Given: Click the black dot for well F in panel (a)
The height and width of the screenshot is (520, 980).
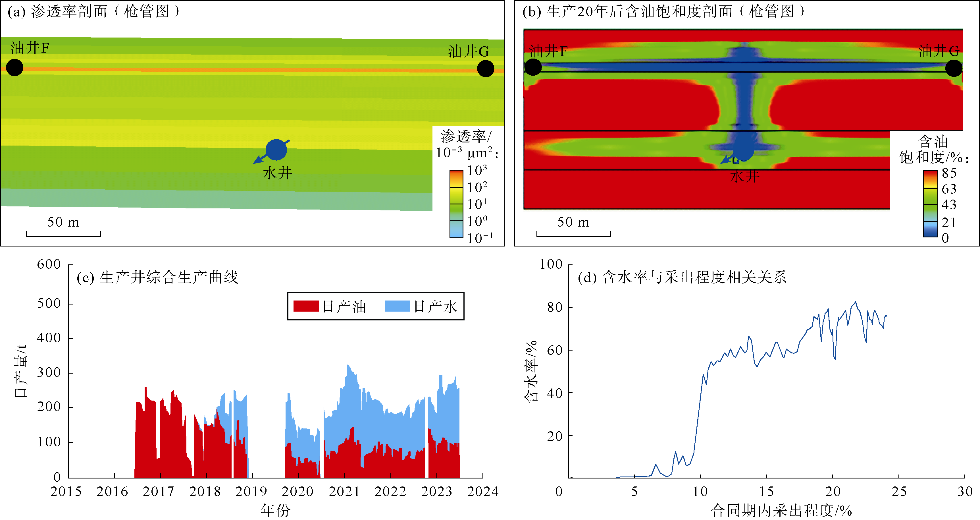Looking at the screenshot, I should point(15,68).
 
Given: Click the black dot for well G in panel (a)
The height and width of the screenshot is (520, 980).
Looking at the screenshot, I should point(485,69).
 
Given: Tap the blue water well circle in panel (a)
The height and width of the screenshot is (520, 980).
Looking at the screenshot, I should point(276,150).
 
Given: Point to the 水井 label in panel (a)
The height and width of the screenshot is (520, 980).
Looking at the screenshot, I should point(277,173).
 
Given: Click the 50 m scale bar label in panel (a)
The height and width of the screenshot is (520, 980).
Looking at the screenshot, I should point(63,222).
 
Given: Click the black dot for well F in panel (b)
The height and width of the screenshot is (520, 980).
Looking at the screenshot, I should point(533,67).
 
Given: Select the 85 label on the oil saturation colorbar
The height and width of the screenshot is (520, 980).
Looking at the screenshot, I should point(949,173).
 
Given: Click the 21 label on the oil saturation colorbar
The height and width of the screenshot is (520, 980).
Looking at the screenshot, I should point(949,222).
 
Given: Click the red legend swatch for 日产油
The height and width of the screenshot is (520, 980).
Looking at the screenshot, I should point(306,306).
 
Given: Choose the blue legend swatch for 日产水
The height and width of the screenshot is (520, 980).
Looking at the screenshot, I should point(397,306).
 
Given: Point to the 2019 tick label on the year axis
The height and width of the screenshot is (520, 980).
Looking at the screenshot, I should point(251,492).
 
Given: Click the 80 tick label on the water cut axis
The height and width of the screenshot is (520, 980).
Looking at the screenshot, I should point(555,307).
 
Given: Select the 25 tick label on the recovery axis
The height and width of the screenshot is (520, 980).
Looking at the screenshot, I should point(898,492).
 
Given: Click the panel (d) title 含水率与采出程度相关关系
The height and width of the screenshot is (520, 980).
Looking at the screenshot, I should point(694,277).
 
